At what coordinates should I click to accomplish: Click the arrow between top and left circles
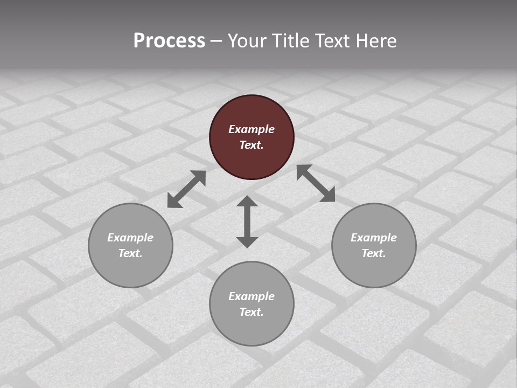[187, 189]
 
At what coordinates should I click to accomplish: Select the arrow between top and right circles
[316, 183]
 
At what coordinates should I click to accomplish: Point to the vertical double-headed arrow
[247, 221]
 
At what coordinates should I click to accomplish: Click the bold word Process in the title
[169, 40]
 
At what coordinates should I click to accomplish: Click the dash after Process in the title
[216, 41]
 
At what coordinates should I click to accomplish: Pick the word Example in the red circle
[251, 129]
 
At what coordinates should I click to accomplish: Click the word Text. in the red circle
[251, 145]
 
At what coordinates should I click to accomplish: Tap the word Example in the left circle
[130, 238]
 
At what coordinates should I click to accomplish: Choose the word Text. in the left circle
[130, 253]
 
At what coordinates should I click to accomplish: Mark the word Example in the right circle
[374, 238]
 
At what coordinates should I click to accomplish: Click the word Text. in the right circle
[374, 253]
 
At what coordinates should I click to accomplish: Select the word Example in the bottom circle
[251, 296]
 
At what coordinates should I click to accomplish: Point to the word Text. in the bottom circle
[251, 312]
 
